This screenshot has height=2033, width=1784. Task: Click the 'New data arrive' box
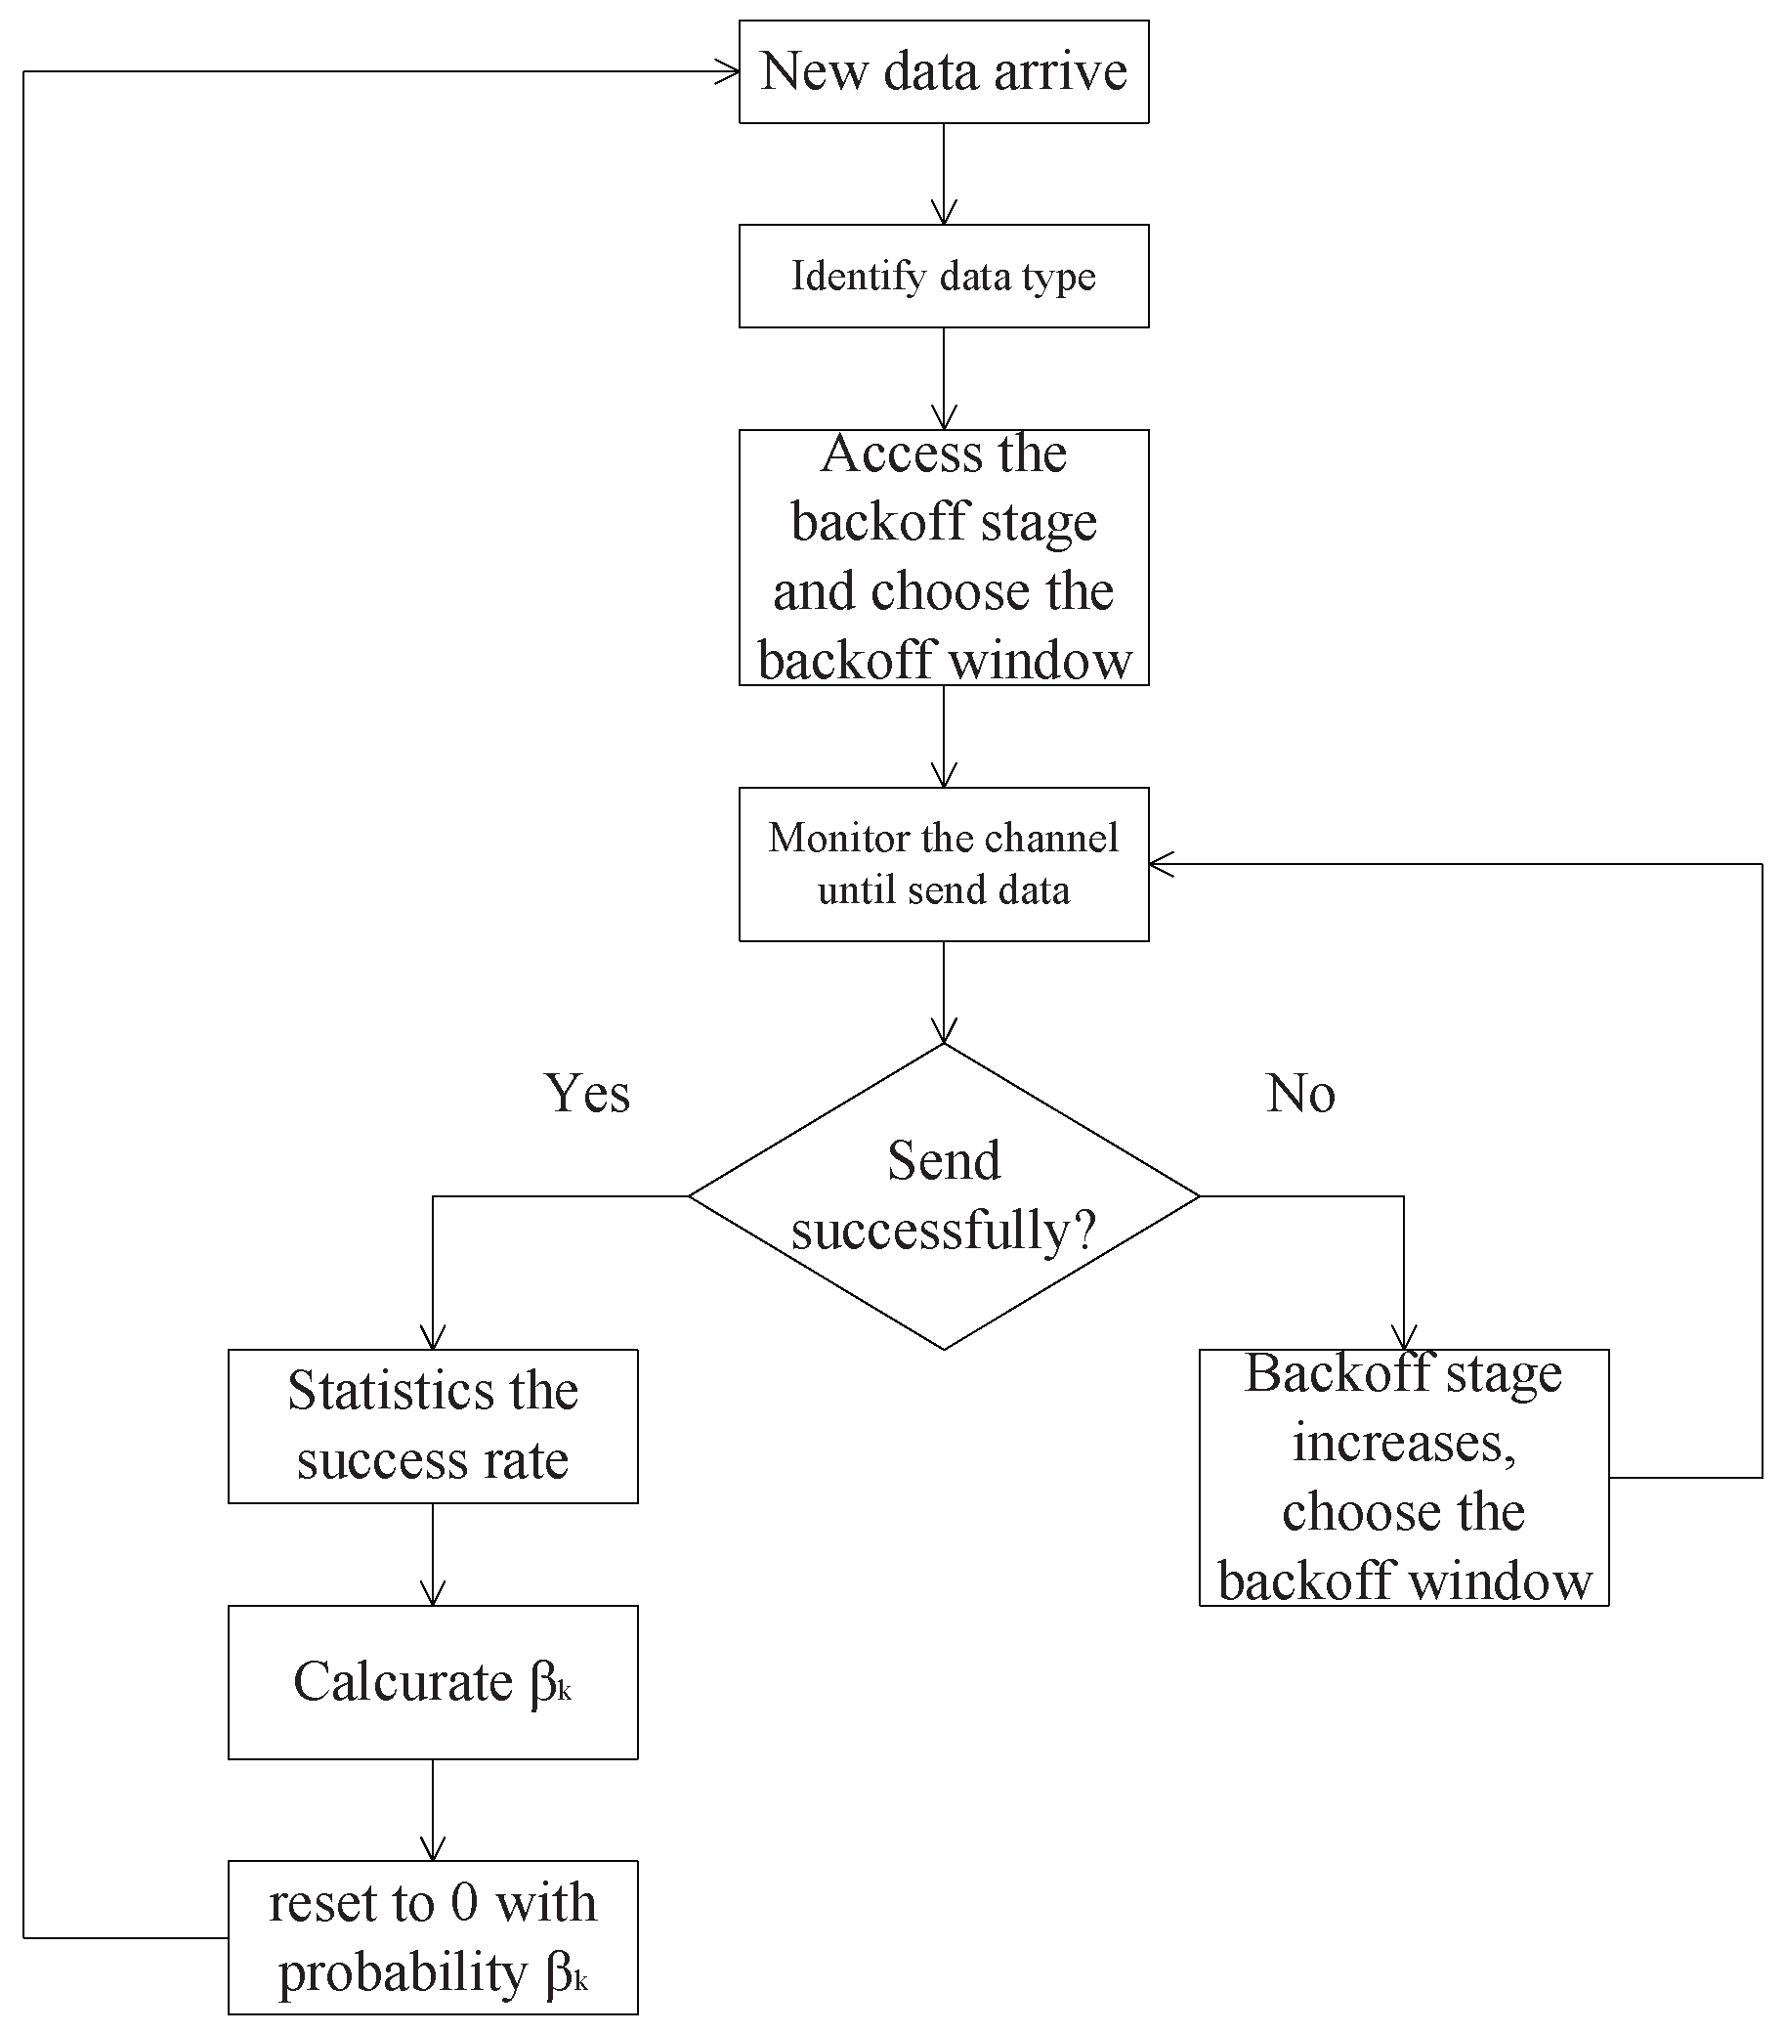click(x=943, y=71)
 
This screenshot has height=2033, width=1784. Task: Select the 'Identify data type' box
click(x=943, y=276)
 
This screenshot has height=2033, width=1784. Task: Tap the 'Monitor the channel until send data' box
click(x=943, y=863)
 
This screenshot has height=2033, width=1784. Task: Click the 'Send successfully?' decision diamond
click(x=943, y=1194)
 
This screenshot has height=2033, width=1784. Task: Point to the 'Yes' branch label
click(x=587, y=1093)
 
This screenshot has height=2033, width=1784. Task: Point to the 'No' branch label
click(x=1299, y=1093)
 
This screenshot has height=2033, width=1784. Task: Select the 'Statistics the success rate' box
click(x=433, y=1425)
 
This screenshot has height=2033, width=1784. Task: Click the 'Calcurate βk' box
click(x=433, y=1682)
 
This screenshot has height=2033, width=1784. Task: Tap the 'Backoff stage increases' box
click(x=1403, y=1477)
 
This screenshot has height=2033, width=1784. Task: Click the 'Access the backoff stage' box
click(x=943, y=557)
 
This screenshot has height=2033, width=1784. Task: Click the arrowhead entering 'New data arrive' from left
click(x=729, y=71)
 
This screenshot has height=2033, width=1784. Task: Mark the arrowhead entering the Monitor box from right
click(x=1161, y=864)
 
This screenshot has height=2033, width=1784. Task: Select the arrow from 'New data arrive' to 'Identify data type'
click(x=943, y=174)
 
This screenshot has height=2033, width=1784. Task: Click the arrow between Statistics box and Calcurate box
click(x=433, y=1554)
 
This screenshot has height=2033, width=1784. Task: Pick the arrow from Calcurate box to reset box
click(x=433, y=1809)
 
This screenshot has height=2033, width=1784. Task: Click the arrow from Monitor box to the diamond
click(x=943, y=992)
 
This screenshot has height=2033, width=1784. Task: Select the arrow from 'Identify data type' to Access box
click(x=943, y=378)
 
